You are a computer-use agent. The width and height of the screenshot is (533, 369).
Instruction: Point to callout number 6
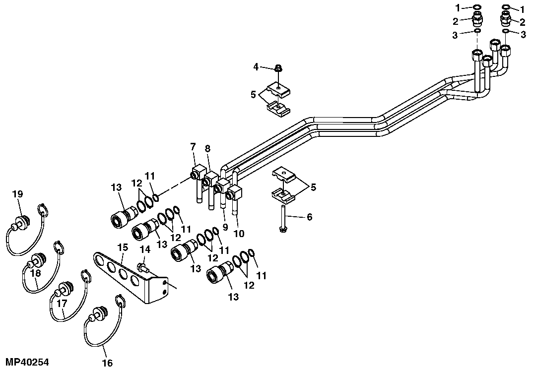[x=309, y=217]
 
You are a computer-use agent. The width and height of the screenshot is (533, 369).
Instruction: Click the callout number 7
[x=193, y=147]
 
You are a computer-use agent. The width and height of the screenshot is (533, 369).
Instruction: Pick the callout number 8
[x=208, y=148]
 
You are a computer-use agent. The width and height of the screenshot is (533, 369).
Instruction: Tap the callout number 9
[x=225, y=227]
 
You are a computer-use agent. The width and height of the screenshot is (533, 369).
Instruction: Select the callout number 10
[x=239, y=234]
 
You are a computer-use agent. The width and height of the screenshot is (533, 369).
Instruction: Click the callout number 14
[x=145, y=249]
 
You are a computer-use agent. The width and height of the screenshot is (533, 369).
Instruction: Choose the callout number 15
[x=123, y=247]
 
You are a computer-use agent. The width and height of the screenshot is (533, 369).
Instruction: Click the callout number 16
[x=107, y=363]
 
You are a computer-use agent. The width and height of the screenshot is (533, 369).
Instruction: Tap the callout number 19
[x=17, y=194]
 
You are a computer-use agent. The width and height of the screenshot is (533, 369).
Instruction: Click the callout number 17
[x=62, y=304]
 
